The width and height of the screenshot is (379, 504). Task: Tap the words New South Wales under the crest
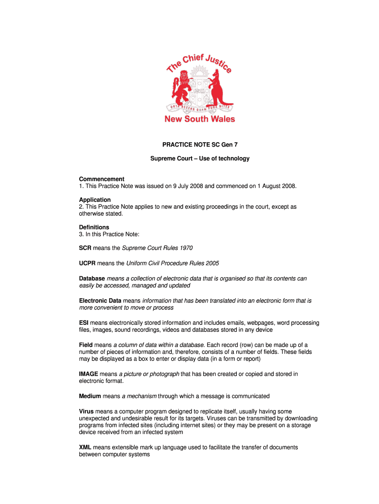coord(199,119)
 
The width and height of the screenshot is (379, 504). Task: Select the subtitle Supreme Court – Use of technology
coord(200,158)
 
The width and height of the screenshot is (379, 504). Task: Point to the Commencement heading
coord(102,179)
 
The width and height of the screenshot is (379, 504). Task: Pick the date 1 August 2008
coord(272,186)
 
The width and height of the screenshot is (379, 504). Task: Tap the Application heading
coord(95,200)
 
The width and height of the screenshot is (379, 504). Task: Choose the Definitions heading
coord(94,227)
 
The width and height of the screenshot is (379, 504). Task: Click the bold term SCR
coord(86,248)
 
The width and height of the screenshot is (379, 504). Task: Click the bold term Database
coord(92,279)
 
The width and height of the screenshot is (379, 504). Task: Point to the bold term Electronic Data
coord(100,301)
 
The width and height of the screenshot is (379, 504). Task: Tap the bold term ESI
coord(84,323)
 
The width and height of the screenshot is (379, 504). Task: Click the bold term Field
coord(86,345)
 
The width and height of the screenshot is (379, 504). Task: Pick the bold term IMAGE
coord(89,374)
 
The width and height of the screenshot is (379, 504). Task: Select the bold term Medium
coord(90,396)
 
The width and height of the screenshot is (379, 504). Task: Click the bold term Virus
coord(86,411)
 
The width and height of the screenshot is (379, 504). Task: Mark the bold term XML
coord(85,447)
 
